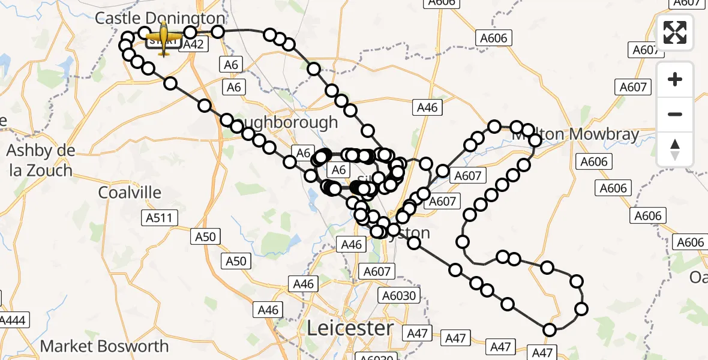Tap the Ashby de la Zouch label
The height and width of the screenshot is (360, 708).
[41, 160]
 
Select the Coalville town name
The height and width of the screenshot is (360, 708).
[130, 193]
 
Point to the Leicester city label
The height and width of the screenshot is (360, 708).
[350, 328]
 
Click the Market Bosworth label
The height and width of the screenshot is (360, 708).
[104, 346]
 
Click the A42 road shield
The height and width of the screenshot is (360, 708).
[193, 44]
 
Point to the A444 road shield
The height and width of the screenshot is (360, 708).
[12, 320]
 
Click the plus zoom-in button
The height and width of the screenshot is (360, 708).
[675, 79]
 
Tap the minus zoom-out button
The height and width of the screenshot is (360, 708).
[675, 114]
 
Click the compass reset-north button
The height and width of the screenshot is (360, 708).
[675, 149]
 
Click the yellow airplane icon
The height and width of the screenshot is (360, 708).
[164, 40]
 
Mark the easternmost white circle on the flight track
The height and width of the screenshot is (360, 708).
[581, 309]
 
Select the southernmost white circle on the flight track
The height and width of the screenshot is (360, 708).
[549, 329]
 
